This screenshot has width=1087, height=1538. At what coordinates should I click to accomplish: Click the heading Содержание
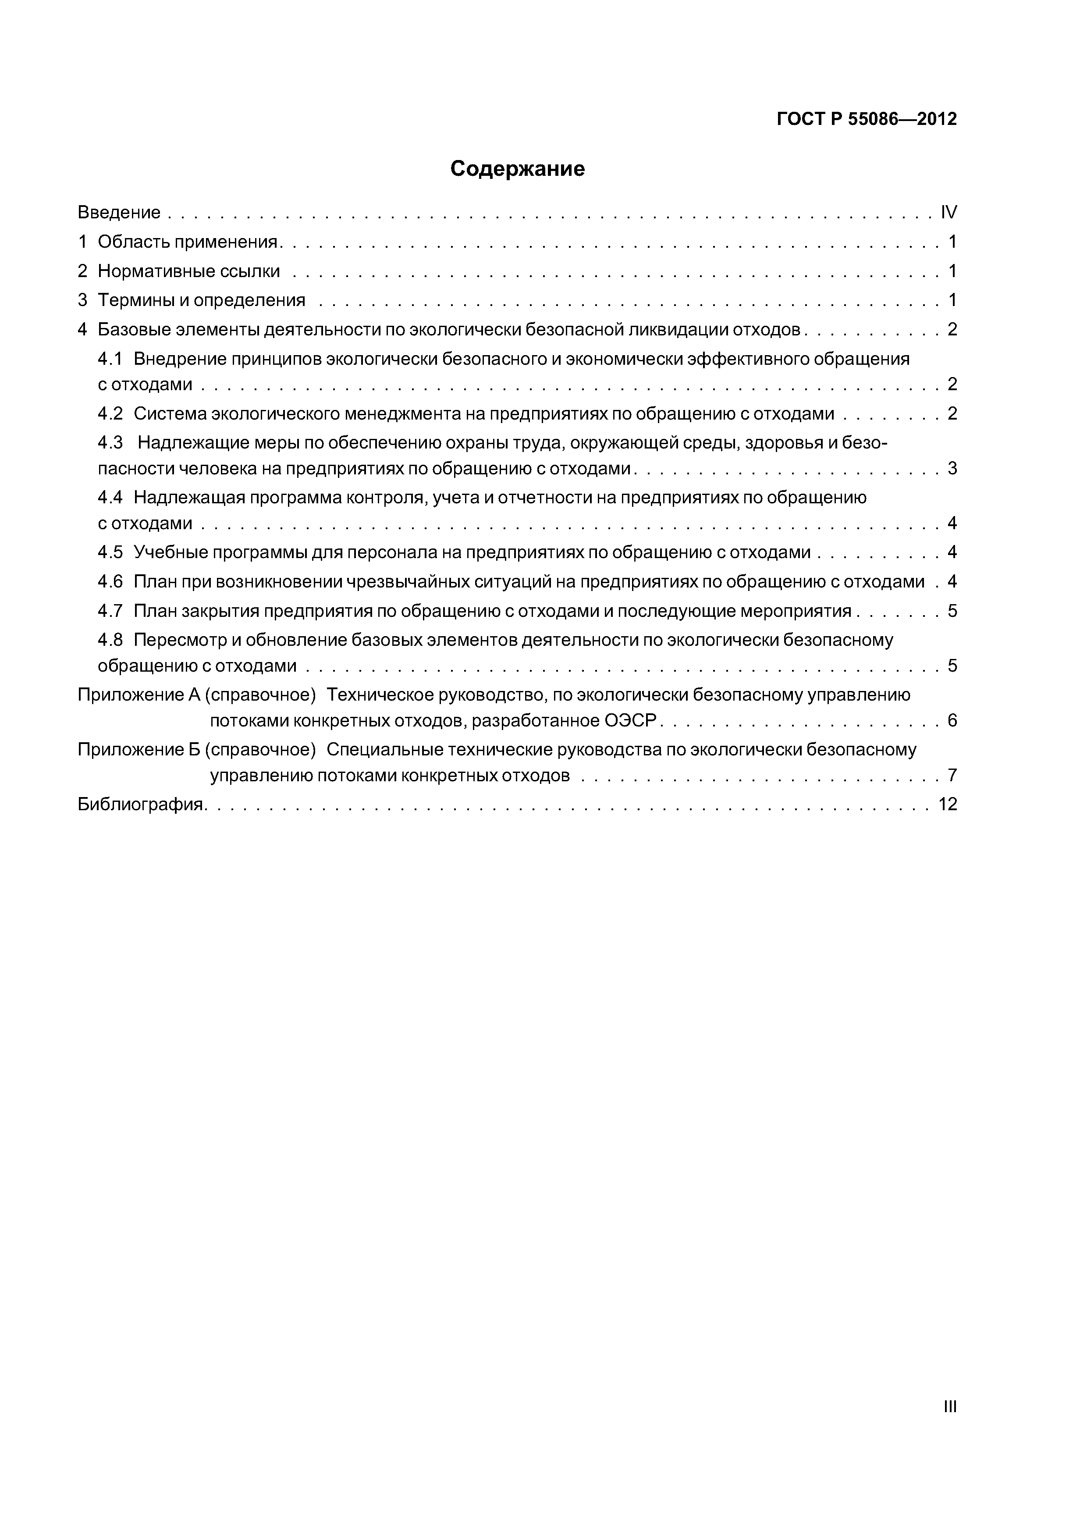click(517, 169)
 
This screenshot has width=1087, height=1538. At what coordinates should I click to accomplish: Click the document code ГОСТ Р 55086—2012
click(867, 119)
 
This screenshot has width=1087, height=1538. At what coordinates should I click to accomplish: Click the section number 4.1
click(110, 359)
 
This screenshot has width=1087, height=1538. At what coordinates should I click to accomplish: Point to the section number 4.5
click(110, 552)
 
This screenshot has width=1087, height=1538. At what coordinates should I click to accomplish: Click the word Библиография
click(140, 804)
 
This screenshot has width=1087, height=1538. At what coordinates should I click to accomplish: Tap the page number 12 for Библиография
click(948, 804)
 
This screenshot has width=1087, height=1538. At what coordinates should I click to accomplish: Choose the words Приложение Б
click(139, 750)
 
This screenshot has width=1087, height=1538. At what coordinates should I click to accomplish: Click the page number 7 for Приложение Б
click(952, 776)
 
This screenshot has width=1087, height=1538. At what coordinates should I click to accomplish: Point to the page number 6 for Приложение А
click(952, 721)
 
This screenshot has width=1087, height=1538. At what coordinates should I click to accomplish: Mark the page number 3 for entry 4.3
click(952, 468)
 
